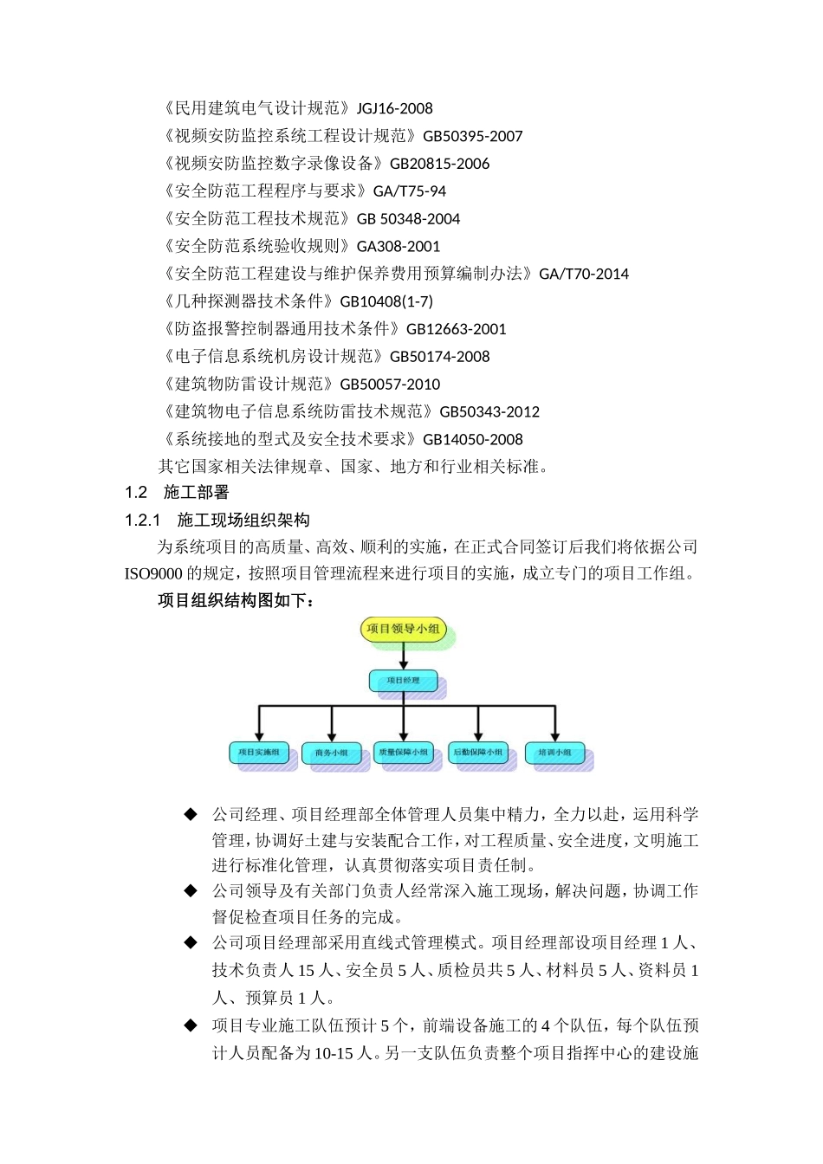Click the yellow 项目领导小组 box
point(403,630)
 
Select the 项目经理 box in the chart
point(403,681)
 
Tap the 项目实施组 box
point(258,753)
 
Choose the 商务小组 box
point(331,753)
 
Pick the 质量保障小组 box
point(404,753)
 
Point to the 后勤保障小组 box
point(477,753)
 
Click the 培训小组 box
point(554,753)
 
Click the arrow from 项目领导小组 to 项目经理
point(403,656)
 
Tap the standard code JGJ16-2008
point(394,108)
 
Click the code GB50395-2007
point(472,136)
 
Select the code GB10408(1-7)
point(386,301)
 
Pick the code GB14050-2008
point(472,439)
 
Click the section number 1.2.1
point(143,520)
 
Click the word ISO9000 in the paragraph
point(152,573)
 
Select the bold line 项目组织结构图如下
point(236,600)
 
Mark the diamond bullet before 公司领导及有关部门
point(191,890)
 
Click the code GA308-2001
point(398,246)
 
